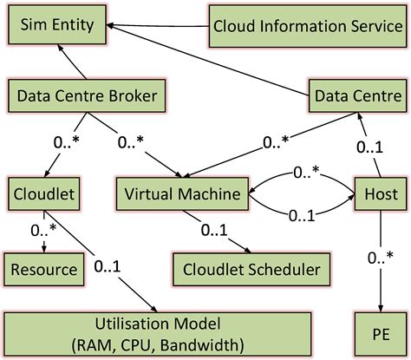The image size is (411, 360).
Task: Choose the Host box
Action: click(x=376, y=192)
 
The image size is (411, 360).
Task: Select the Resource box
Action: click(x=43, y=269)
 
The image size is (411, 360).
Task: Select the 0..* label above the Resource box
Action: click(x=45, y=231)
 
